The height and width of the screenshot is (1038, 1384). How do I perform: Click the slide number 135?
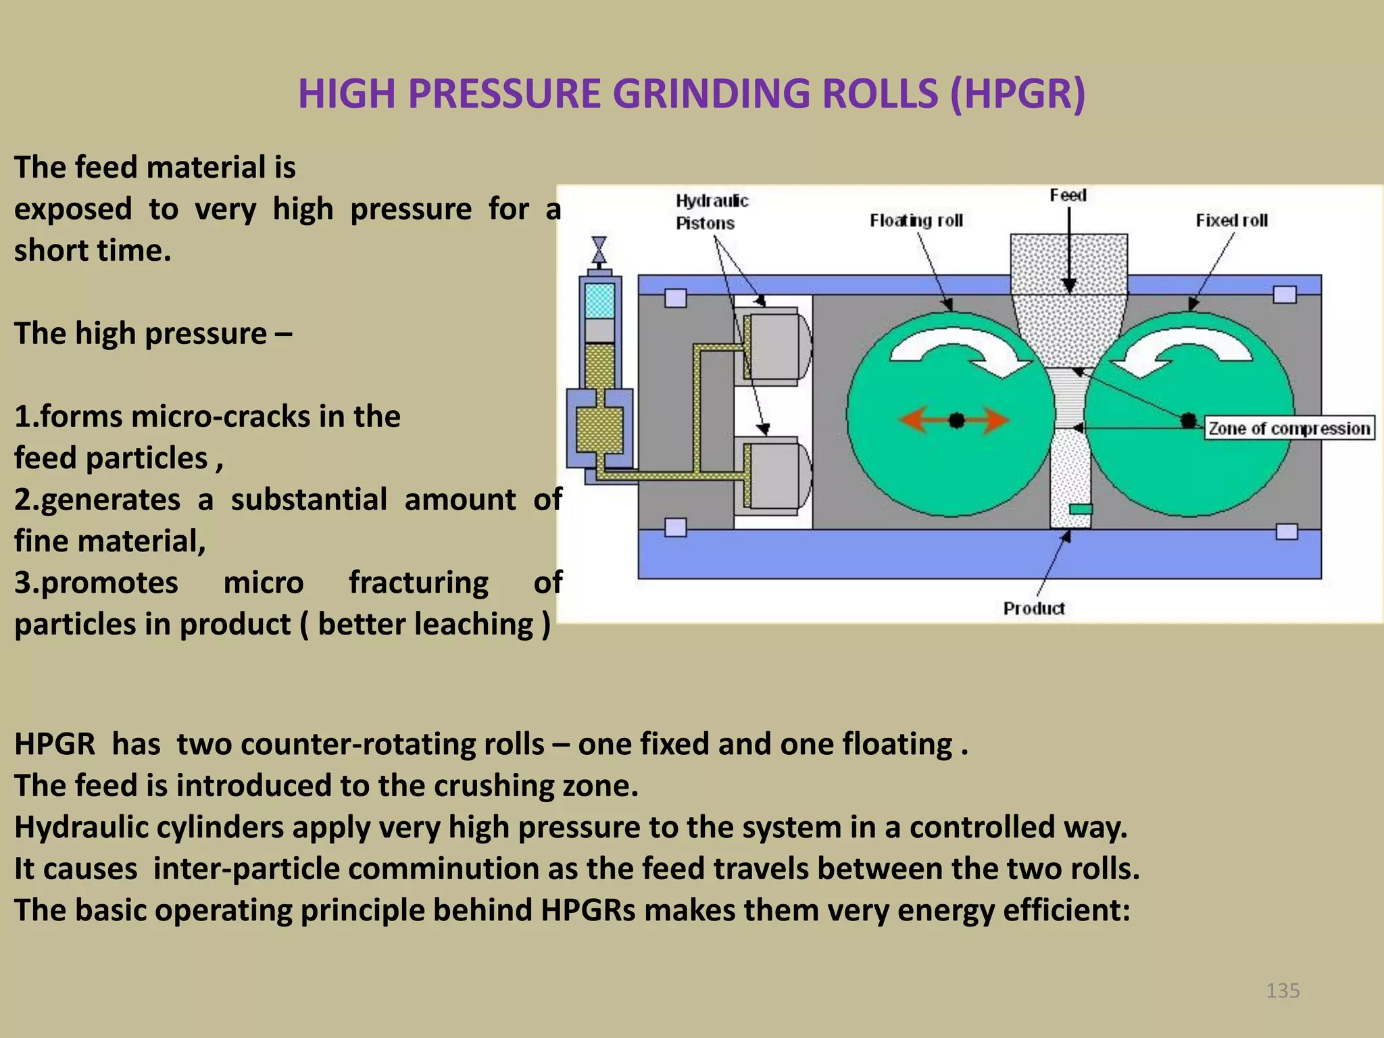point(1283,991)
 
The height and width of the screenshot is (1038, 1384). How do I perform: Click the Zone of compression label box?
point(1289,428)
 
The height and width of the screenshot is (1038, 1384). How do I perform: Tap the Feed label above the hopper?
point(1068,195)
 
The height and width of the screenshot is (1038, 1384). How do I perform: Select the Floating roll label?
point(916,220)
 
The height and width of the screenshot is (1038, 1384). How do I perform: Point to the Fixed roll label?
point(1231,220)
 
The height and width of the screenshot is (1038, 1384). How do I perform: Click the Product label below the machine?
point(1033,608)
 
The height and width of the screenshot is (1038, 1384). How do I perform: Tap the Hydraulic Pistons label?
point(712,212)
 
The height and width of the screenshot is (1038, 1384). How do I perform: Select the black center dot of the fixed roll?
point(1188,421)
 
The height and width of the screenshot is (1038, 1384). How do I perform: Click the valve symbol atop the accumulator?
point(599,249)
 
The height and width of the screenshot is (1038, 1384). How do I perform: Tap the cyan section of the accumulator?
point(599,301)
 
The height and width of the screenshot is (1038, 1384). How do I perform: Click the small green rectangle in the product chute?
point(1080,509)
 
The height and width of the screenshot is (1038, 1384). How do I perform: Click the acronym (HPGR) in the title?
point(1017,93)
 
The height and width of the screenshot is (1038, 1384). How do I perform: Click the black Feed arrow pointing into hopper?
point(1068,250)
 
